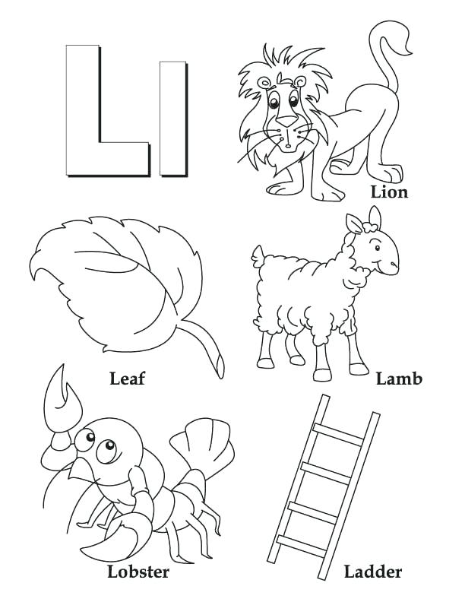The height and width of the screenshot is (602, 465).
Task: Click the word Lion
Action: tap(389, 192)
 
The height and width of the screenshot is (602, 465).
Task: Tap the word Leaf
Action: tap(127, 378)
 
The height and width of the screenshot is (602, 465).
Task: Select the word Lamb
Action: tap(399, 379)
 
